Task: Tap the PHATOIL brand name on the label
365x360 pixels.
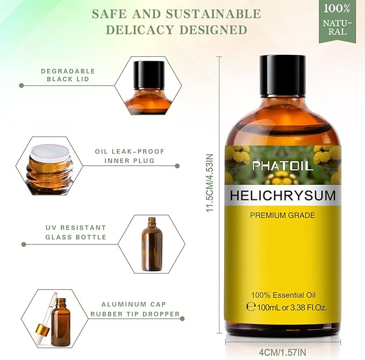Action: coord(282,166)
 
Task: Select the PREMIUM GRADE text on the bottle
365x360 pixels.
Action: coord(282,215)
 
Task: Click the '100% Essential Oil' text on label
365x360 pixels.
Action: coord(283,295)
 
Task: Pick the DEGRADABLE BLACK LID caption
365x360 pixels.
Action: coord(68,75)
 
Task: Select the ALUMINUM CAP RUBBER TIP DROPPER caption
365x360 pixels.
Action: coord(134,309)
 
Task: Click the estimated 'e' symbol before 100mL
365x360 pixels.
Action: coord(250,307)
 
